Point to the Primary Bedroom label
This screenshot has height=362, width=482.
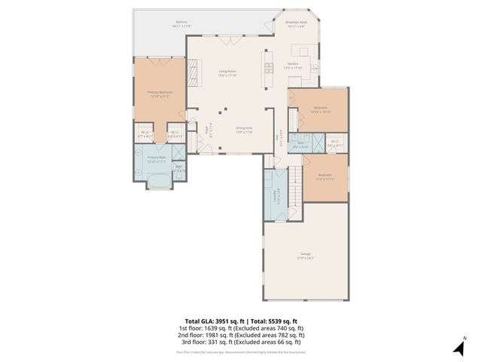click(159, 94)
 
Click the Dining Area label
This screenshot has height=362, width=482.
click(243, 130)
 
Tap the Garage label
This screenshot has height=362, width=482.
click(306, 256)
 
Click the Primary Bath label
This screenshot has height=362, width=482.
click(157, 161)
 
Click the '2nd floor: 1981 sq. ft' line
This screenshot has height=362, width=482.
click(241, 334)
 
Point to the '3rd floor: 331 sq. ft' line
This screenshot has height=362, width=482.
click(241, 341)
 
